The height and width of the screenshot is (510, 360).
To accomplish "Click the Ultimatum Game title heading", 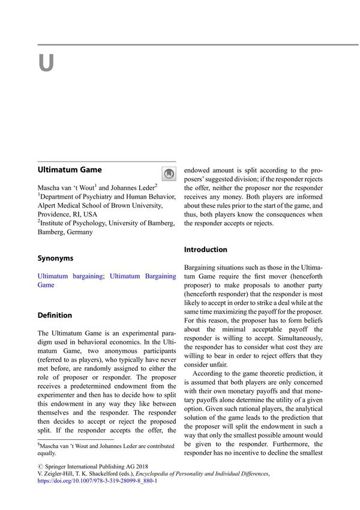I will point(70,170).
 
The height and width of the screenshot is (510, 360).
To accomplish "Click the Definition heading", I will point(55,315).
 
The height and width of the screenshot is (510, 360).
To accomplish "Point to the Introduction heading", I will point(206,249).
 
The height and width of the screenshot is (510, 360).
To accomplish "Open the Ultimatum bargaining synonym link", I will point(70,276).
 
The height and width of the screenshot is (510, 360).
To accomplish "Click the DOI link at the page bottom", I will point(97,481).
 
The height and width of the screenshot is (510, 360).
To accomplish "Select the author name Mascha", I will point(51,188).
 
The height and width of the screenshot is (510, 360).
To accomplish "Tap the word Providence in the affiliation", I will point(55,214).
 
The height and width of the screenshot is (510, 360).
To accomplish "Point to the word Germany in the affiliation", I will point(80,232).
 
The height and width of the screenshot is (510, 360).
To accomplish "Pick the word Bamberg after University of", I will point(159,223).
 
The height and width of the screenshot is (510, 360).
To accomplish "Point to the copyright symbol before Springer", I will point(40,465).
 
